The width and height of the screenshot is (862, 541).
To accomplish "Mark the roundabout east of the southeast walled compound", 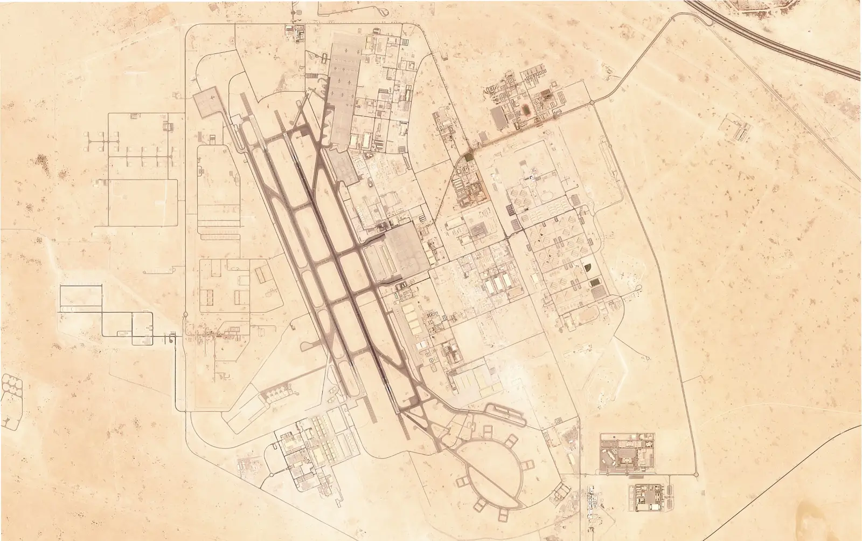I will click(695, 475).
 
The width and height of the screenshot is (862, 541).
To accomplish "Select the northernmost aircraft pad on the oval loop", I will click(489, 430).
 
